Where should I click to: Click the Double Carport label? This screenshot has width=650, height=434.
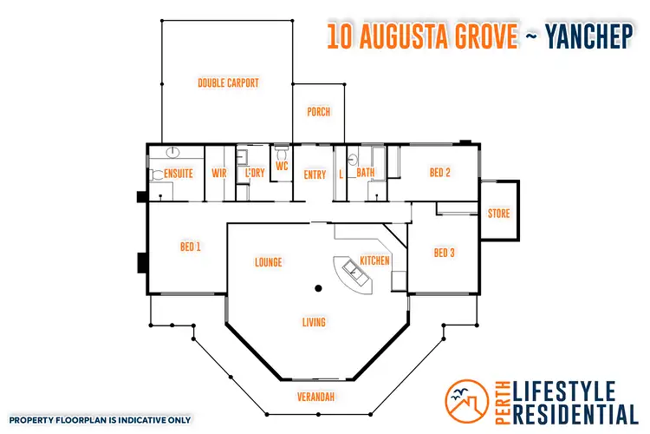228,83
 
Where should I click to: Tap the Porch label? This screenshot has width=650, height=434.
318,112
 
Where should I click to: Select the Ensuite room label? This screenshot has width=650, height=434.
172,173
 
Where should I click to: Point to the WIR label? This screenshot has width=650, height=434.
218,173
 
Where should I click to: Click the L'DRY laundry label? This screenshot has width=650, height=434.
254,174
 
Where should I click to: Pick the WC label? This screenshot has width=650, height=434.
282,166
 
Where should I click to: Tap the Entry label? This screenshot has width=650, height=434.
315,174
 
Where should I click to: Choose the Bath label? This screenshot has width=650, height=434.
366,173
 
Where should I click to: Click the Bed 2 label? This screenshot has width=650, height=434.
440,172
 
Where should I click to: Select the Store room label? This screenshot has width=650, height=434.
498,214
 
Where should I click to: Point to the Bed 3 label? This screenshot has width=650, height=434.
444,253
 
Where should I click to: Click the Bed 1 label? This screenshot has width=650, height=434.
191,247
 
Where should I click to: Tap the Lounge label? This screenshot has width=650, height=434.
269,262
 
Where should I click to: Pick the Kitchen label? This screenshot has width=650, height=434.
374,260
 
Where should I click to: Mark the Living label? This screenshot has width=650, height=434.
314,323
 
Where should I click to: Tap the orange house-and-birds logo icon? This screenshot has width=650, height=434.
467,400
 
